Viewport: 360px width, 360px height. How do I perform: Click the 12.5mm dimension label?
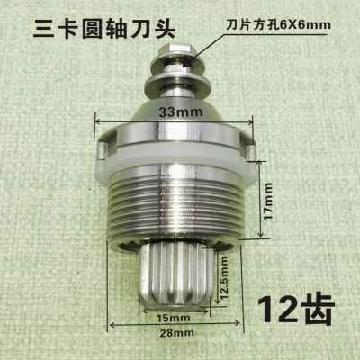222,278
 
